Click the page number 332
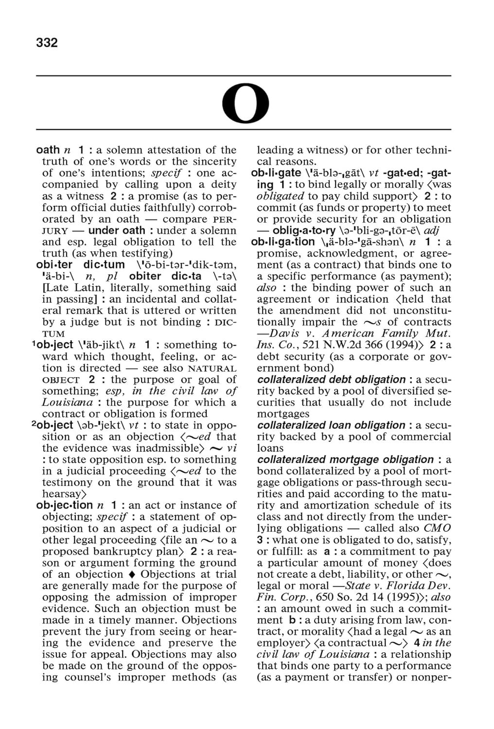(47, 43)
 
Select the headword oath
(48, 150)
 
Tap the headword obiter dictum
(80, 265)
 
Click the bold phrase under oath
(117, 230)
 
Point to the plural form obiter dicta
(165, 277)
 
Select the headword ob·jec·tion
(64, 505)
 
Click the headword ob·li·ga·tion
(283, 242)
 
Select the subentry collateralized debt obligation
(331, 380)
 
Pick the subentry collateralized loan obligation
(331, 425)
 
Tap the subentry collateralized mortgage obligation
(345, 460)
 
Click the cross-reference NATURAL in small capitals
(212, 368)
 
